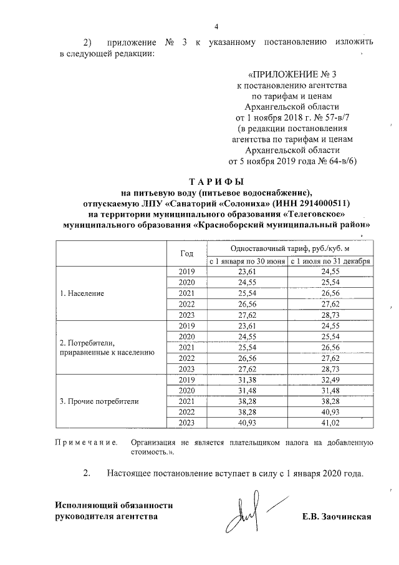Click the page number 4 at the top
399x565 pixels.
point(216,26)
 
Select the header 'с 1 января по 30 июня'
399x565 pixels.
point(247,261)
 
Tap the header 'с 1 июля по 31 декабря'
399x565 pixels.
point(330,261)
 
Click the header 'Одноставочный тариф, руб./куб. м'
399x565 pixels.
point(288,248)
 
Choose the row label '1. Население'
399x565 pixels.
point(82,293)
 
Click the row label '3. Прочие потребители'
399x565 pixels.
point(99,401)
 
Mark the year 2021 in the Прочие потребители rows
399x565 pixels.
point(186,401)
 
